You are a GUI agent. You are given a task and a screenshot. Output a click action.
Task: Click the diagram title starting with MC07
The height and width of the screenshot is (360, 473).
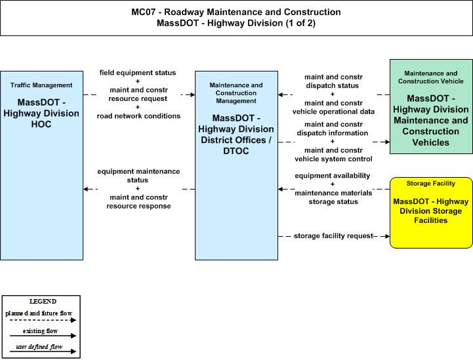point(236,18)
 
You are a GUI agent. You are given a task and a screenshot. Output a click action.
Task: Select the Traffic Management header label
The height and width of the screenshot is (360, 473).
point(41,85)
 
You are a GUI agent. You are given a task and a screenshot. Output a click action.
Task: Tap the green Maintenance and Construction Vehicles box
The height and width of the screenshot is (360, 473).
point(431,106)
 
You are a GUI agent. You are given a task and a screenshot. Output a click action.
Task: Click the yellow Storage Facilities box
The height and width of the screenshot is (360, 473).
point(431,212)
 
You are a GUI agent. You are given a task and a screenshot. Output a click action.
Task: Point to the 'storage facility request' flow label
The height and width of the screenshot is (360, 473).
point(334,236)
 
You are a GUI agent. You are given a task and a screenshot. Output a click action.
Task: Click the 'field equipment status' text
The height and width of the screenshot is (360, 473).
point(138,73)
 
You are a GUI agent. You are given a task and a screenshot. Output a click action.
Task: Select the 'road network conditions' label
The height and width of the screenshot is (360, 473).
point(138,116)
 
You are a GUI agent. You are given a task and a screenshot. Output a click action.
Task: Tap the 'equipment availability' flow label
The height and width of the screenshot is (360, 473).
point(333,176)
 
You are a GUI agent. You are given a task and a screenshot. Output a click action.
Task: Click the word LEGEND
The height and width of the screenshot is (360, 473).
point(43,302)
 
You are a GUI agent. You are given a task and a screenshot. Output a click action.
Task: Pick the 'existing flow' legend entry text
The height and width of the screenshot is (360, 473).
point(40,331)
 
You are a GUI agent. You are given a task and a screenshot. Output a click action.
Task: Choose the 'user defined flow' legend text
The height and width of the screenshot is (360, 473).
point(39,347)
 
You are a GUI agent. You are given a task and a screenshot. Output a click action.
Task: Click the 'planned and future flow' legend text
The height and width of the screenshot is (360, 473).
point(39,313)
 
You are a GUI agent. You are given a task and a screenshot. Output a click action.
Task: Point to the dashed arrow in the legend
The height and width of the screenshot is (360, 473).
point(43,320)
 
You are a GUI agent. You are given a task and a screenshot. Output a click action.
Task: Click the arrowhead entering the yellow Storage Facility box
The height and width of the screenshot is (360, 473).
point(387,236)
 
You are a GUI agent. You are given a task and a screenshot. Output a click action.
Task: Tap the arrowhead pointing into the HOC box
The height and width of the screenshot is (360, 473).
point(86,189)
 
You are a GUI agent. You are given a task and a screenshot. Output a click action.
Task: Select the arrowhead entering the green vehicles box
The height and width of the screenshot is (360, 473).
point(387,142)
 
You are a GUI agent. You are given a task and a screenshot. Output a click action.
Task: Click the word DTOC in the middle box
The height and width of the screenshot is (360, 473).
point(236,151)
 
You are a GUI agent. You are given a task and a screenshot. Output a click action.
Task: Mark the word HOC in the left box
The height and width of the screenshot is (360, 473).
point(41,124)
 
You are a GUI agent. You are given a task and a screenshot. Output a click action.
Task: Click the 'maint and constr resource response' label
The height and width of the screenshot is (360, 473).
point(138,202)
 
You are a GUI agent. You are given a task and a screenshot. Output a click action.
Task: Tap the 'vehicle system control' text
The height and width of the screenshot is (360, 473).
point(333,159)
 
